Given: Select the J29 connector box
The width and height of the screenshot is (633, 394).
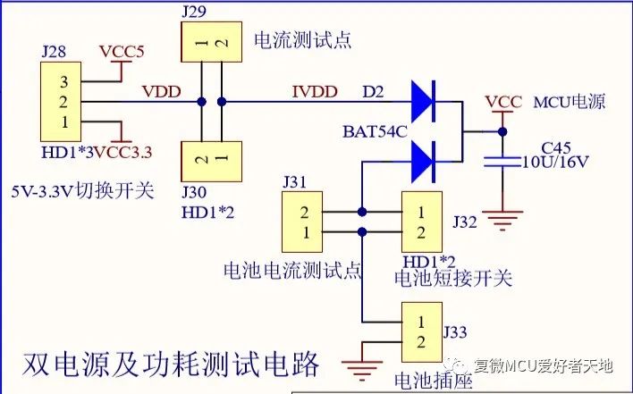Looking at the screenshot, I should (x=212, y=42).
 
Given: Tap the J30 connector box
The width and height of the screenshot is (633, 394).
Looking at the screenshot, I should (x=212, y=159).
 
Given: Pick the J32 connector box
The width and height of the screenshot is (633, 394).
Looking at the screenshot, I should (x=423, y=222).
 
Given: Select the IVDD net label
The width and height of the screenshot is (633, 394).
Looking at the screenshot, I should (x=315, y=90).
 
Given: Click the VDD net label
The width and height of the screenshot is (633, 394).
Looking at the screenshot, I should (x=161, y=90).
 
